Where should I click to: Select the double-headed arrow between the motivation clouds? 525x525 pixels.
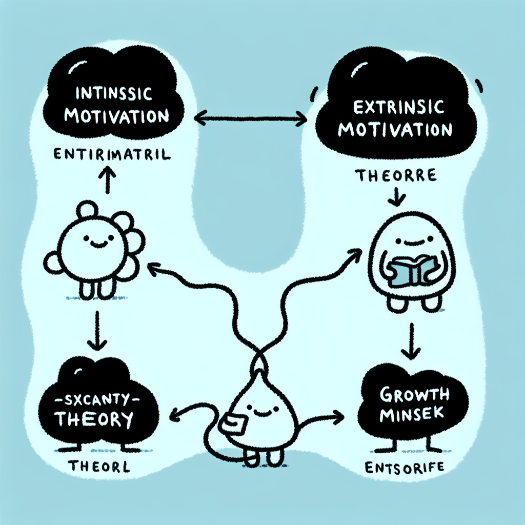coord(251,120)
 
